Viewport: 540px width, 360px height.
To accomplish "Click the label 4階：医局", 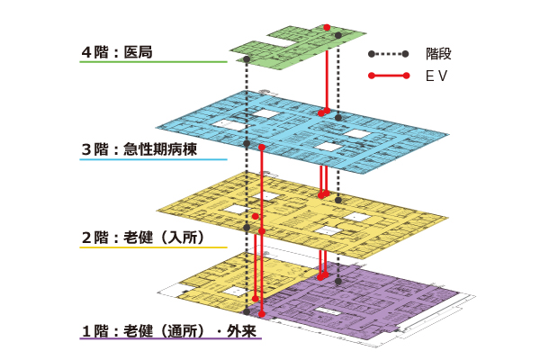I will coord(116,52).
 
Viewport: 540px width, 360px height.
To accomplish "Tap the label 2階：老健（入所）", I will coord(143,238).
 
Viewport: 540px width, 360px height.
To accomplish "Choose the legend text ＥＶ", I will coord(436,76).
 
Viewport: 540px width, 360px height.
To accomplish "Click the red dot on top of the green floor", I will coord(327,27).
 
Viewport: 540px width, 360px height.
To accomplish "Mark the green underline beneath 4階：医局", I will coord(153,62).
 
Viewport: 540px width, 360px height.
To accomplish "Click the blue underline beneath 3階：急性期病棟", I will coord(153,159).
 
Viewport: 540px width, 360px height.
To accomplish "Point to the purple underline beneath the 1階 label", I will coord(171,340).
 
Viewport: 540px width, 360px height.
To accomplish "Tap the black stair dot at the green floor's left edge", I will coord(247,59).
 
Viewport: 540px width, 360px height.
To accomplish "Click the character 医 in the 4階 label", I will coord(130,52).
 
